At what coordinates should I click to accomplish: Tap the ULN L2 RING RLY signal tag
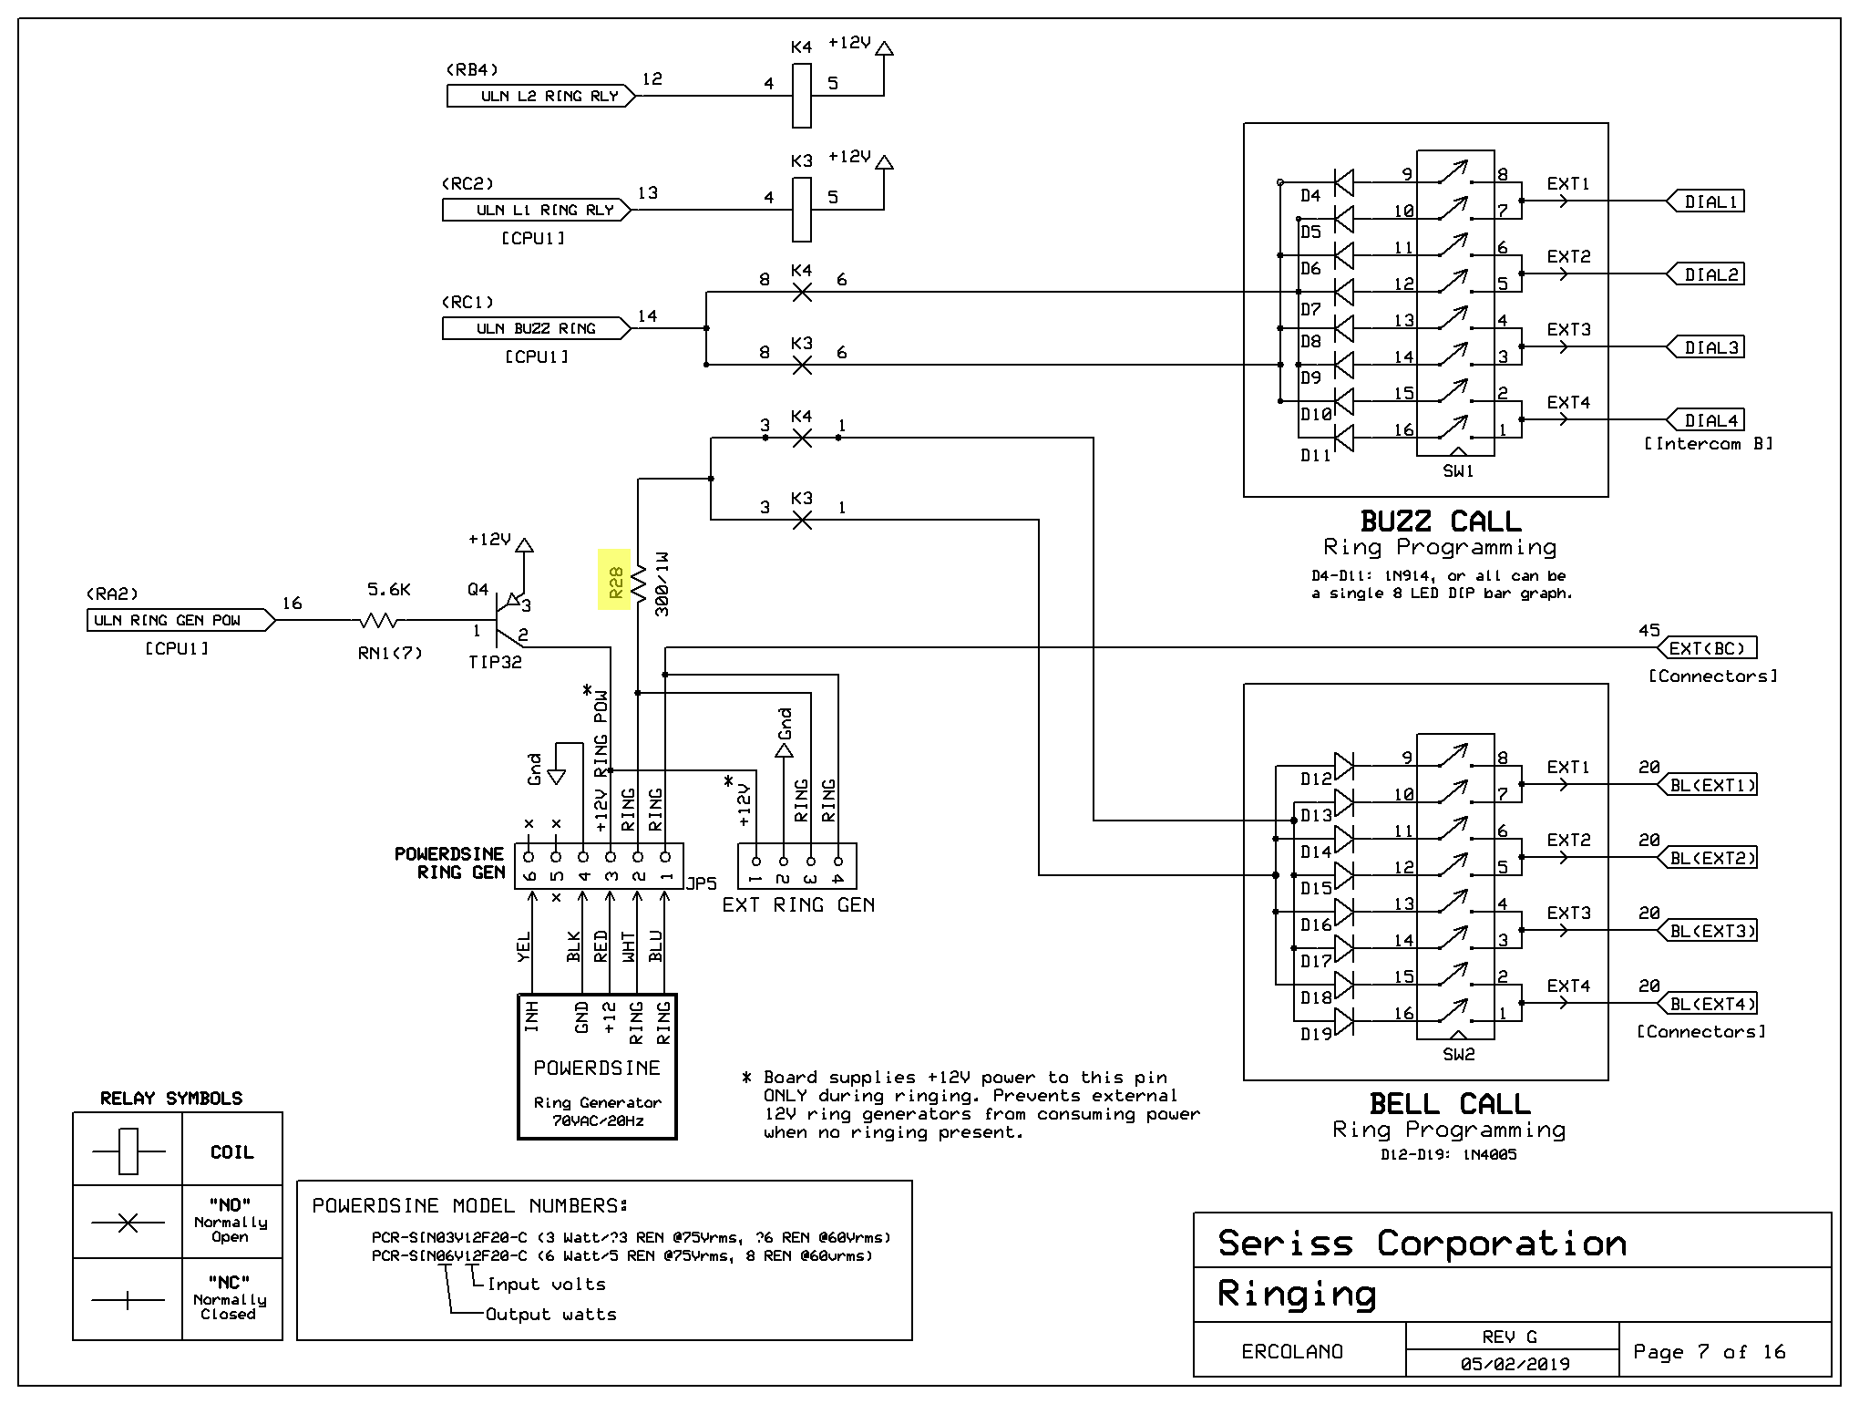[541, 96]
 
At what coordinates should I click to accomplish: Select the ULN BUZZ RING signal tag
[537, 328]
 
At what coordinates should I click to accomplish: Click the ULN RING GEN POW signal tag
[180, 621]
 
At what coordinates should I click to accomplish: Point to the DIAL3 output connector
[1705, 347]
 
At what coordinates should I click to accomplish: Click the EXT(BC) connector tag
[1705, 648]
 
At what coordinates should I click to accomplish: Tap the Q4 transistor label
[478, 590]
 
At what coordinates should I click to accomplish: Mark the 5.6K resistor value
[389, 590]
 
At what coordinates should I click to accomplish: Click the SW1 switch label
[1458, 471]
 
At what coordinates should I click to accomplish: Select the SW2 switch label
[1458, 1055]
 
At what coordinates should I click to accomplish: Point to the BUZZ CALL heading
[1441, 521]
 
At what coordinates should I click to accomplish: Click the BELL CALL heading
[1449, 1104]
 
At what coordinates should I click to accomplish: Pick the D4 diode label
[1310, 196]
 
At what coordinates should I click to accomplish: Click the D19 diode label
[1316, 1035]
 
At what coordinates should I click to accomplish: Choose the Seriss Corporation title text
[1422, 1244]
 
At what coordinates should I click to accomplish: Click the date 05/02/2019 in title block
[1515, 1365]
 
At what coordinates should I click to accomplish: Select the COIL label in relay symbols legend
[232, 1152]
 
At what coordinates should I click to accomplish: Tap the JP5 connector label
[702, 883]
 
